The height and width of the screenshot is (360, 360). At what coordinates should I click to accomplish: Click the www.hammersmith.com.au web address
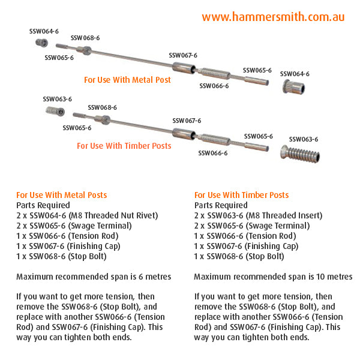(x=273, y=17)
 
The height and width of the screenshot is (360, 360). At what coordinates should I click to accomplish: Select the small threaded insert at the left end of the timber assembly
(x=55, y=111)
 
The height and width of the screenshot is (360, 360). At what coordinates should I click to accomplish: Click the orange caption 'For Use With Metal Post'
(x=127, y=80)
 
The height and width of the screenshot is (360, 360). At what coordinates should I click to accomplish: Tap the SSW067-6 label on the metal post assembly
(x=183, y=55)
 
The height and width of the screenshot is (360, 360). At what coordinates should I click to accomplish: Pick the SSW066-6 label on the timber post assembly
(x=213, y=153)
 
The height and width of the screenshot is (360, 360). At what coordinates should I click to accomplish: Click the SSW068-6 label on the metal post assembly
(x=85, y=38)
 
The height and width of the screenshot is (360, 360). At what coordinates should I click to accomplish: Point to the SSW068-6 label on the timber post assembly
(x=102, y=107)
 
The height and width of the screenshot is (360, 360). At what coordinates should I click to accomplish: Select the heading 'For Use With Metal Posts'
(x=62, y=195)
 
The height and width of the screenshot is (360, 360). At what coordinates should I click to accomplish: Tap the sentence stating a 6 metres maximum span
(x=94, y=277)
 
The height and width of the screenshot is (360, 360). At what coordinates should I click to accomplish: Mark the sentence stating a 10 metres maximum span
(x=274, y=277)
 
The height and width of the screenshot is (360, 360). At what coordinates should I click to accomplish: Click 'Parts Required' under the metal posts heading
(x=43, y=205)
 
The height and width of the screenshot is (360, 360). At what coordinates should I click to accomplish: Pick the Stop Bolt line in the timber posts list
(x=239, y=257)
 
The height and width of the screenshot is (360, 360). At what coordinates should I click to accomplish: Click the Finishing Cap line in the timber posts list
(x=246, y=246)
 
